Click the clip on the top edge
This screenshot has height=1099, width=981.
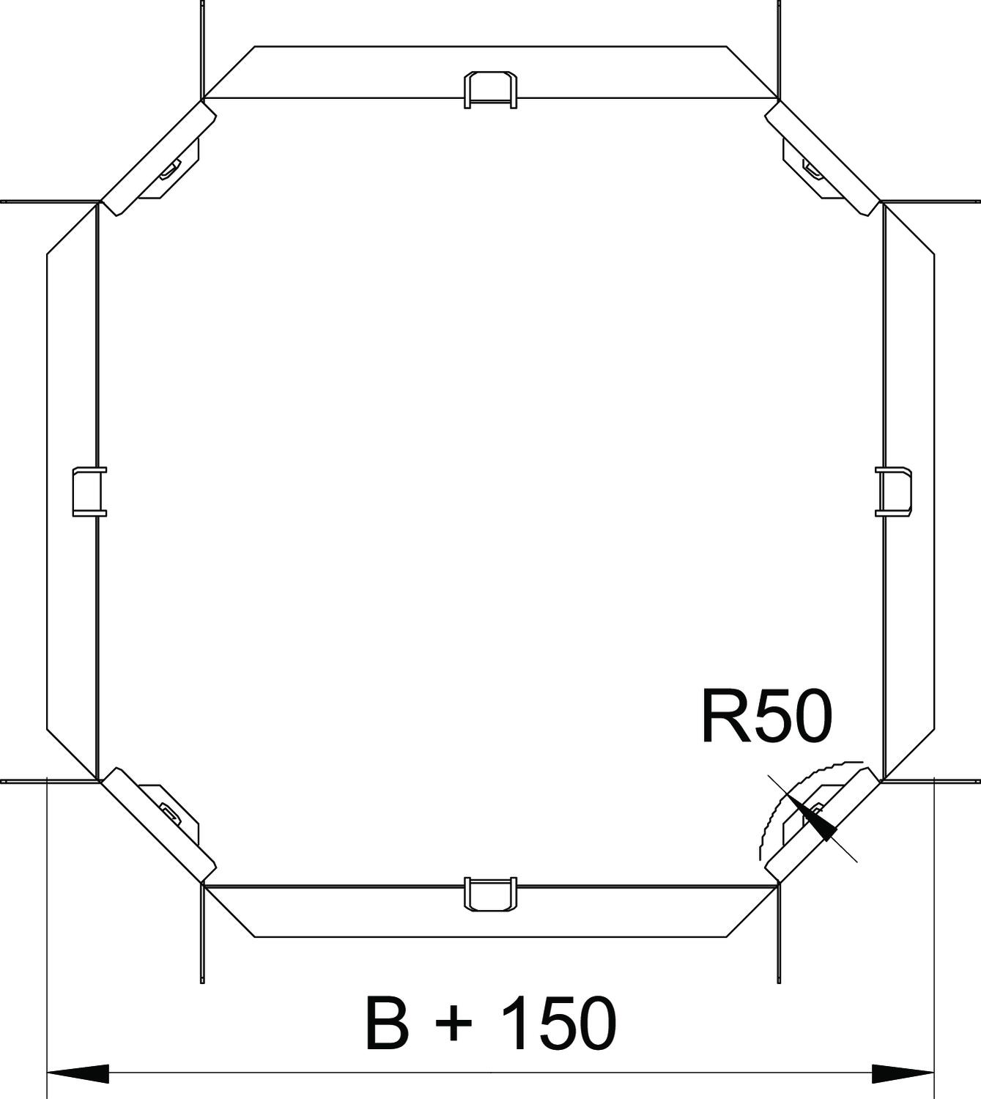pyautogui.click(x=491, y=90)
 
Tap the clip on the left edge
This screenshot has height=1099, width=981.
pyautogui.click(x=89, y=492)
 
